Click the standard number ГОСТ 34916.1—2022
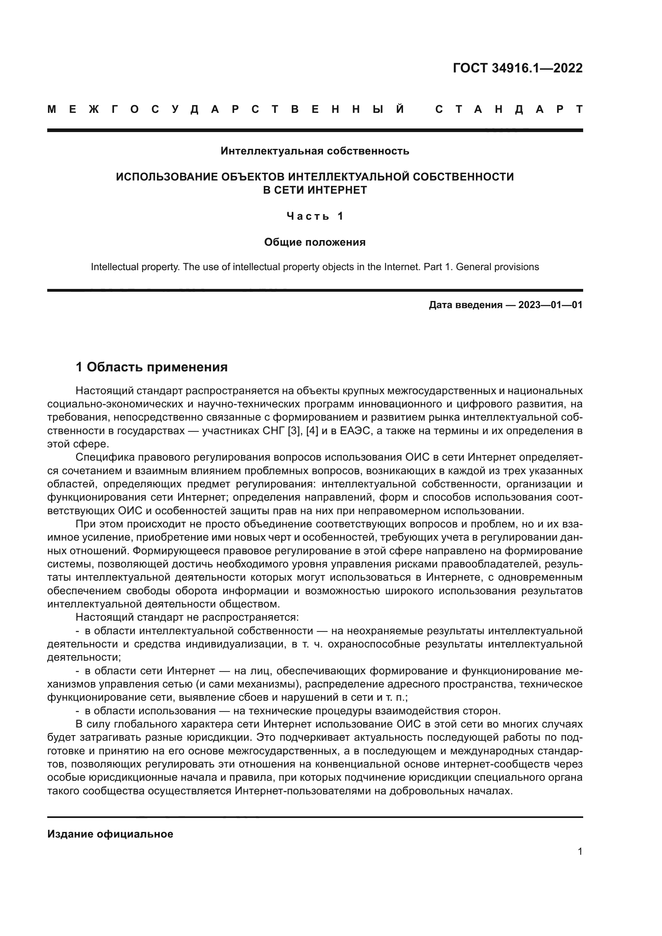point(517,68)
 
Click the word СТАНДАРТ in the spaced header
point(509,109)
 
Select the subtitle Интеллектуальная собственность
point(315,151)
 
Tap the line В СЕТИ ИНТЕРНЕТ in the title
point(315,190)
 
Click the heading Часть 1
point(315,216)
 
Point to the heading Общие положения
point(315,242)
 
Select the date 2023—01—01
point(550,305)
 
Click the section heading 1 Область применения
point(152,367)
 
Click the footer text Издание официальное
point(110,834)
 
